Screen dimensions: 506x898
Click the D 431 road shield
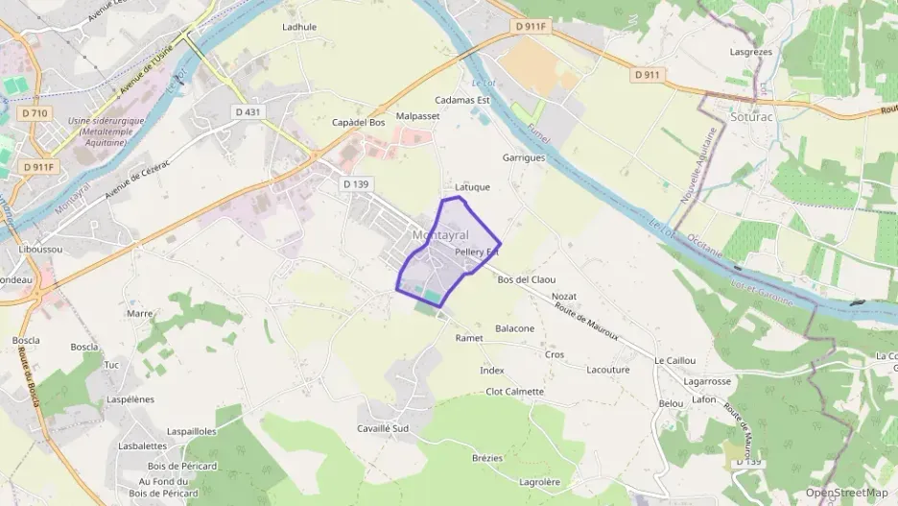click(x=248, y=112)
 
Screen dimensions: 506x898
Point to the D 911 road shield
click(x=648, y=74)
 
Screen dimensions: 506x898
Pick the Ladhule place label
click(x=299, y=27)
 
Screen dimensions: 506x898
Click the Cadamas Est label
click(x=461, y=99)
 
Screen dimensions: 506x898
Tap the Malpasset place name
click(x=417, y=116)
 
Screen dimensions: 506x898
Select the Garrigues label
click(x=523, y=157)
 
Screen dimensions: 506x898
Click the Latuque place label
click(x=472, y=187)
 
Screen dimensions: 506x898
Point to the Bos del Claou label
click(x=527, y=279)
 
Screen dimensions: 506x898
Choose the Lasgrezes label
click(x=752, y=51)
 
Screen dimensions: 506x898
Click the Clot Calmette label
click(x=514, y=392)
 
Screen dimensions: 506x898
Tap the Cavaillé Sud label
click(x=383, y=428)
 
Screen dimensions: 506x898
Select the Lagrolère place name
click(x=538, y=482)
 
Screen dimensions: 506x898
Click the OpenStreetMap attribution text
click(x=846, y=493)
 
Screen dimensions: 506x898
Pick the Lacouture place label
click(x=607, y=370)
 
